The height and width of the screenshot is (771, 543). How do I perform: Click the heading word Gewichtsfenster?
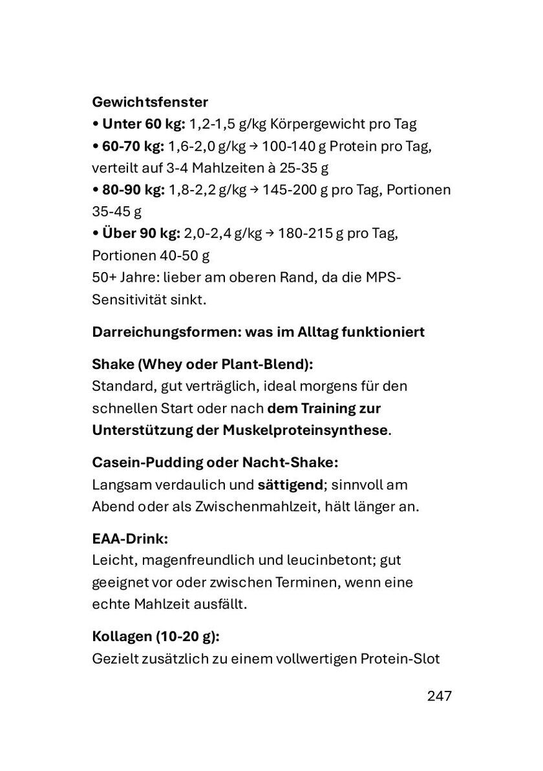click(x=150, y=102)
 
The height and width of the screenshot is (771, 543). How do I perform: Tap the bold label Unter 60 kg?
click(x=144, y=124)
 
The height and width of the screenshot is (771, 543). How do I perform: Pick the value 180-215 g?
click(x=307, y=233)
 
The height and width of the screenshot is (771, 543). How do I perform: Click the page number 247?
click(x=439, y=696)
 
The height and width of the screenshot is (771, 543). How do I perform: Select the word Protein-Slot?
click(x=400, y=659)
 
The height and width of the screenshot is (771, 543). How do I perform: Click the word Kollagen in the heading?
click(x=122, y=637)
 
